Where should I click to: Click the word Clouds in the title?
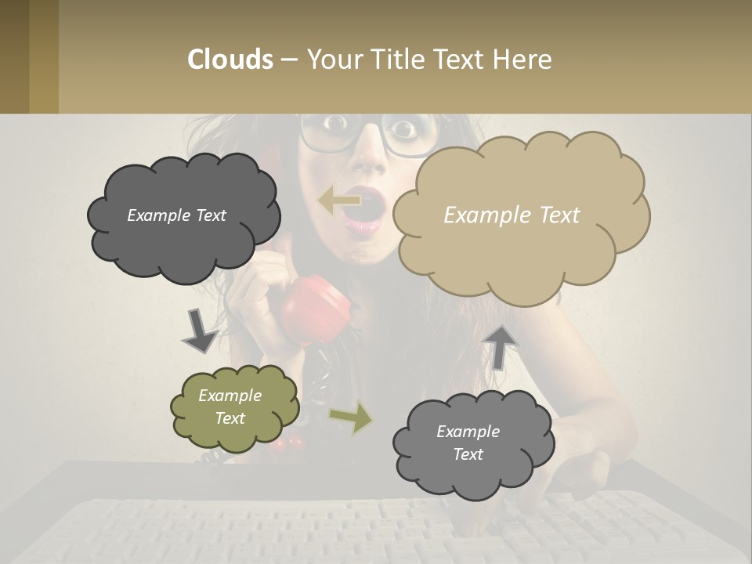(230, 60)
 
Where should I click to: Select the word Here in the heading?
(524, 60)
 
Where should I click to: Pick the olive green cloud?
(234, 407)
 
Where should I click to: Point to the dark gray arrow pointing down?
(199, 331)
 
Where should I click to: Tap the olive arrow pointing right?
(352, 418)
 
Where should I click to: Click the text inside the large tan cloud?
(512, 215)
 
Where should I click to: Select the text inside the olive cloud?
(230, 407)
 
